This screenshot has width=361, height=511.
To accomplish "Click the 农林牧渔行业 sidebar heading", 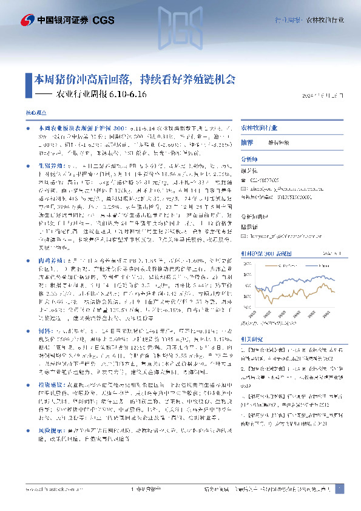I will [260, 129].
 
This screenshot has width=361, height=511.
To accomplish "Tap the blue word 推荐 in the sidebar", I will [246, 141].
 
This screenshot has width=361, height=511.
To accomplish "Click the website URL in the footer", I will [47, 489].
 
